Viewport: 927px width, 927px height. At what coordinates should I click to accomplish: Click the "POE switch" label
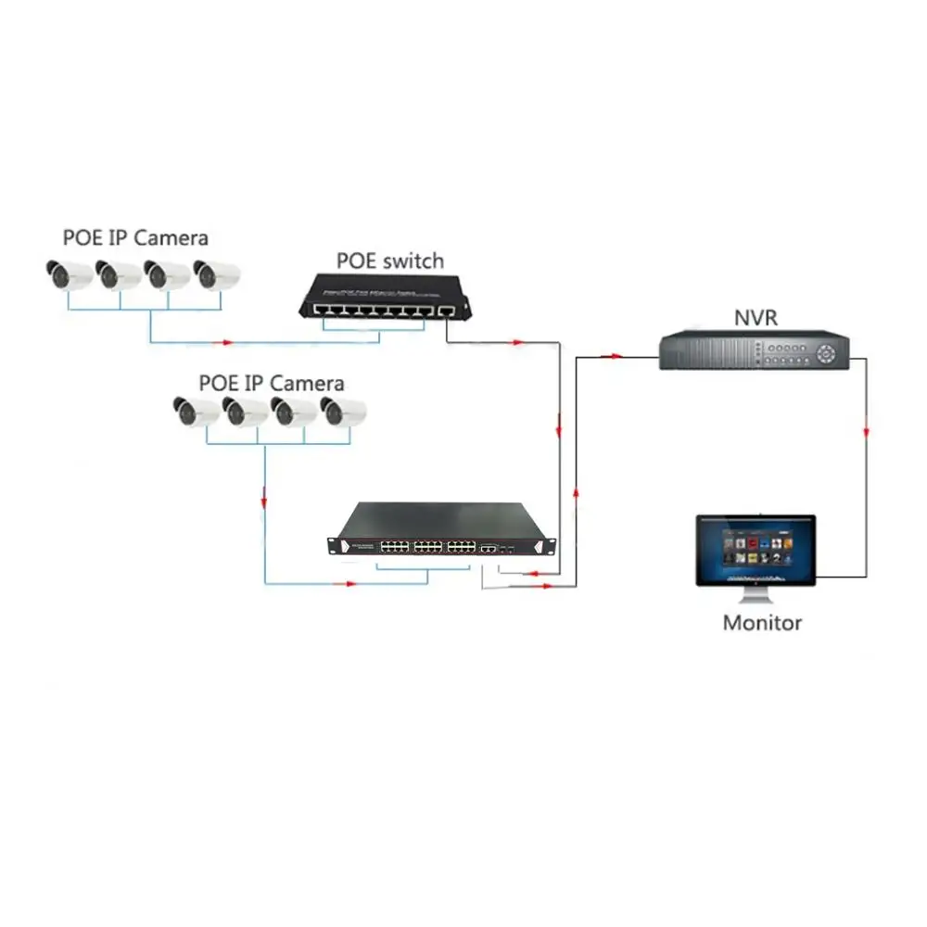coord(390,261)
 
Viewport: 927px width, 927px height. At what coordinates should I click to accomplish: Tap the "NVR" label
coord(756,319)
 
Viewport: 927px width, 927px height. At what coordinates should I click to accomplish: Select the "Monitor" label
coord(762,623)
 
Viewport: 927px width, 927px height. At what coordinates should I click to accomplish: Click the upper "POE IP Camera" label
coord(135,237)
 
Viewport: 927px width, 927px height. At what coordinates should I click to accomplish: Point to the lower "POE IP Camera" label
coord(271,383)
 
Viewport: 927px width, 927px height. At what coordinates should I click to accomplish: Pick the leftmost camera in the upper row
coord(69,274)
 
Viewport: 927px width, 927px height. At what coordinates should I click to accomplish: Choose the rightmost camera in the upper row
coord(216,274)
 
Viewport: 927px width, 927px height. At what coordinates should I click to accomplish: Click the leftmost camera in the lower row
coord(196,411)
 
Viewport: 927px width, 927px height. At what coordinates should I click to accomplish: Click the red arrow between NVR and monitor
coord(866,433)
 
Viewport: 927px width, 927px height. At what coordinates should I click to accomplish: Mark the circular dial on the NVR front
coord(828,351)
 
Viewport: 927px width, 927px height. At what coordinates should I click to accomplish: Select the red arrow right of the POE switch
coord(516,342)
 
